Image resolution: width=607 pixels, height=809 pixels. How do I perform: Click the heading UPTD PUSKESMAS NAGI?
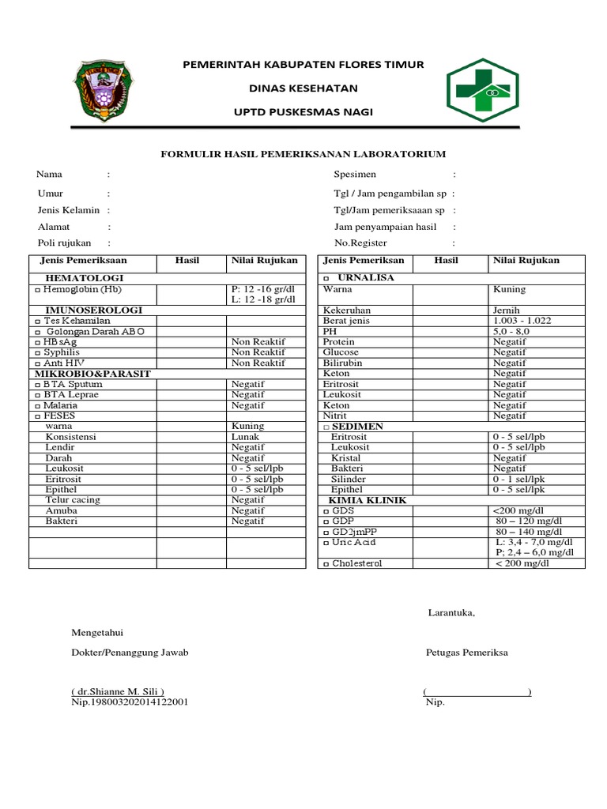(x=303, y=112)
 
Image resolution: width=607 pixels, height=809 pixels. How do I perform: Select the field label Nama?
(x=50, y=174)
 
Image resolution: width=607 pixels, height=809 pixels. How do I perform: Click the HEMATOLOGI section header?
(x=84, y=279)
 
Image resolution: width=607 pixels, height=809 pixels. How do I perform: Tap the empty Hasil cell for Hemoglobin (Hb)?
(x=191, y=294)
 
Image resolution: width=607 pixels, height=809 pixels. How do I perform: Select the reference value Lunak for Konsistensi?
(x=247, y=436)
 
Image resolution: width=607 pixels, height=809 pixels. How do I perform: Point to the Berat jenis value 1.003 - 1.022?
(x=522, y=321)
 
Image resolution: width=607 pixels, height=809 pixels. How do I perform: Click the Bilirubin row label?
(x=341, y=363)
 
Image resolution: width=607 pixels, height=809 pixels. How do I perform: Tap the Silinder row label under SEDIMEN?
(x=348, y=479)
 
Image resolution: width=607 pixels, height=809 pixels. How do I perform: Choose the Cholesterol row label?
(x=360, y=563)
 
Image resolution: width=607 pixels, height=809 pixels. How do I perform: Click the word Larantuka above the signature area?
(x=451, y=612)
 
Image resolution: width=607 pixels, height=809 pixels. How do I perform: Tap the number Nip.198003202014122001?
(x=130, y=702)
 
